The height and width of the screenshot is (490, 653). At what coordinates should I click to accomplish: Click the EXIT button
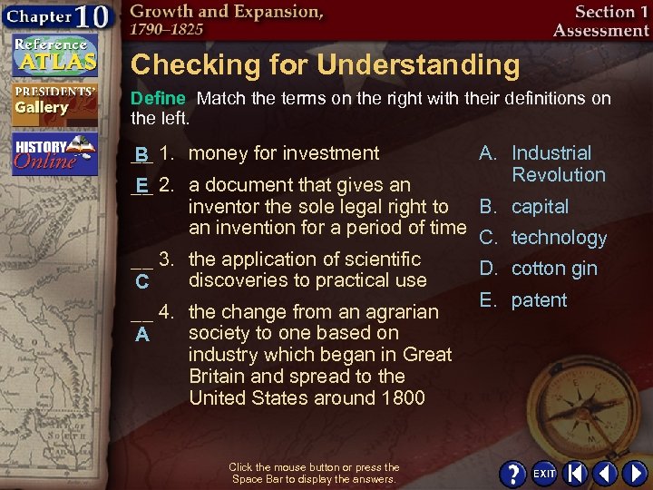pyautogui.click(x=544, y=474)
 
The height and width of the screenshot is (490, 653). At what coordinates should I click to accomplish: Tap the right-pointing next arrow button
pyautogui.click(x=631, y=474)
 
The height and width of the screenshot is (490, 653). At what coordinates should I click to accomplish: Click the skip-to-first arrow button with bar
pyautogui.click(x=575, y=474)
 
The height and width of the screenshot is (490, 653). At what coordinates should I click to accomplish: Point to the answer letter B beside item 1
pyautogui.click(x=141, y=154)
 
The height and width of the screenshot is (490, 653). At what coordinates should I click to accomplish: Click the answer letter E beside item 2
pyautogui.click(x=141, y=186)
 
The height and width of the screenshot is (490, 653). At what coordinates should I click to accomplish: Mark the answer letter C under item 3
pyautogui.click(x=141, y=283)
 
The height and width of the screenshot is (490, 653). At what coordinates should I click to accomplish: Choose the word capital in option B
pyautogui.click(x=540, y=207)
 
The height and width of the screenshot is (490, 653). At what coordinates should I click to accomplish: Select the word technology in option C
pyautogui.click(x=559, y=238)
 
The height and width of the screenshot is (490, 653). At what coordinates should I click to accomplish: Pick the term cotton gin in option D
pyautogui.click(x=554, y=269)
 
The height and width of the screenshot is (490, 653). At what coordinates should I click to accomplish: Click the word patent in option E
pyautogui.click(x=539, y=300)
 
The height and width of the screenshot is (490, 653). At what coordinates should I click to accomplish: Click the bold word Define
pyautogui.click(x=159, y=98)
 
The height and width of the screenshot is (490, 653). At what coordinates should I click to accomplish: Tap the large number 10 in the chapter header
pyautogui.click(x=93, y=18)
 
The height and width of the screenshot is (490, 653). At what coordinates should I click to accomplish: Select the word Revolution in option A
pyautogui.click(x=558, y=175)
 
